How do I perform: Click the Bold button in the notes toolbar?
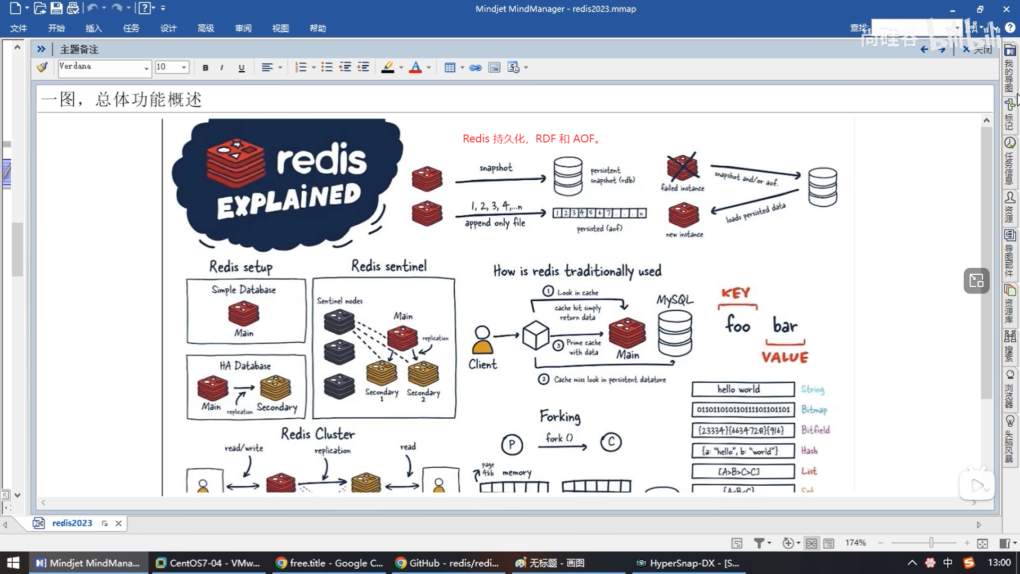[x=206, y=67]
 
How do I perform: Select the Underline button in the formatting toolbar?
[x=242, y=67]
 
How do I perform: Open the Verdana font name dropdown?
[x=146, y=67]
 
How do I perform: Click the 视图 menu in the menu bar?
[x=280, y=28]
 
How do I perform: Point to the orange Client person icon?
[x=482, y=340]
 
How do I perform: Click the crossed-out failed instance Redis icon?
[x=683, y=167]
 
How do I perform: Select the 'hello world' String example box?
[x=743, y=390]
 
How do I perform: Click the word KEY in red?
[x=736, y=293]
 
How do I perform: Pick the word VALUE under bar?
[x=785, y=357]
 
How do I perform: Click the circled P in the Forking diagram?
[x=512, y=444]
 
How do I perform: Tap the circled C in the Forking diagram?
[x=611, y=442]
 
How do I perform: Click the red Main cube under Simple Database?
[x=244, y=313]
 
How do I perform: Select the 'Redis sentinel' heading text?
[x=389, y=266]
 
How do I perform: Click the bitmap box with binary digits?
[x=743, y=410]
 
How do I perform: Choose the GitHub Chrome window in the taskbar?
[x=447, y=563]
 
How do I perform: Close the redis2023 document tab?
[x=118, y=524]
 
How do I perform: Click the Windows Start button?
[x=13, y=563]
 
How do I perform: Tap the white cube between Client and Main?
[x=535, y=335]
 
